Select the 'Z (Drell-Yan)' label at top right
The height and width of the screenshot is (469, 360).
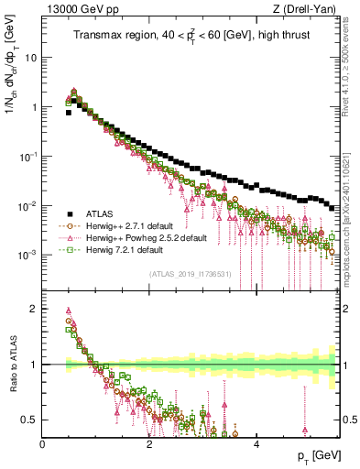(308, 8)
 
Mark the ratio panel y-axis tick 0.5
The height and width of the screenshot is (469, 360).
(29, 420)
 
